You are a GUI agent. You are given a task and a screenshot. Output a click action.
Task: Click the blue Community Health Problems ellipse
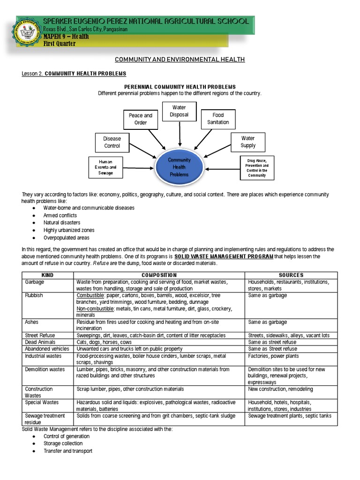(x=180, y=167)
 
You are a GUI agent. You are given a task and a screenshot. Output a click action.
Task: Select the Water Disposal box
(x=180, y=111)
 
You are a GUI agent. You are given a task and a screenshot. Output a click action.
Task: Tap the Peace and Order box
(x=141, y=119)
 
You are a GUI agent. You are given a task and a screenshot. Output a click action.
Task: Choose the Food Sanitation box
(x=218, y=119)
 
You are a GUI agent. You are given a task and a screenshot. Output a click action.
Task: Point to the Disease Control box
(x=112, y=142)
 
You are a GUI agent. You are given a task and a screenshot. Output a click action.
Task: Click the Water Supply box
(x=248, y=142)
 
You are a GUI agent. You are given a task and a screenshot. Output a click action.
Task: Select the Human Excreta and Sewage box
(x=106, y=167)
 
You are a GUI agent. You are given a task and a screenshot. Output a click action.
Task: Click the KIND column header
(x=48, y=275)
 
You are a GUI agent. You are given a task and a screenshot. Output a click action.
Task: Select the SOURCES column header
(x=291, y=275)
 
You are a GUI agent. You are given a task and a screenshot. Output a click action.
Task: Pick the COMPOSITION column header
(x=159, y=275)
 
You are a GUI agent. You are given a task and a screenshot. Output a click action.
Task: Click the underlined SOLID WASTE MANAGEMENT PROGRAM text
(x=224, y=257)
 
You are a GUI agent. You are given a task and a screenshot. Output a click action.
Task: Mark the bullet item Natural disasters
(x=62, y=223)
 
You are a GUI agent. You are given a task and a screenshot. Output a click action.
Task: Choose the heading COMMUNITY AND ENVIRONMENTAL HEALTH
(x=180, y=60)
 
